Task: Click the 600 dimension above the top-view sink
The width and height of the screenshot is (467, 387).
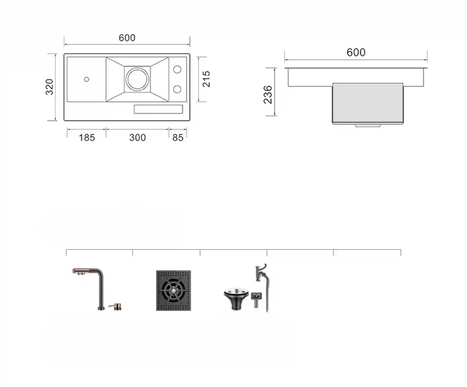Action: pos(127,38)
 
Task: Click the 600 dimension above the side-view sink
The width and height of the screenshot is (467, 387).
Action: pos(356,52)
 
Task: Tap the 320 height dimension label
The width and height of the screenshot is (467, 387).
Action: pos(49,87)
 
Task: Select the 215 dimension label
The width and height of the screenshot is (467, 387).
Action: pos(206,79)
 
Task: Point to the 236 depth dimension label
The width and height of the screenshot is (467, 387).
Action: pos(268,95)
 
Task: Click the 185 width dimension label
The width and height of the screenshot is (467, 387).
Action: pos(86,138)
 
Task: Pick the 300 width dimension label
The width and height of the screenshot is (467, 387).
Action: pos(138,138)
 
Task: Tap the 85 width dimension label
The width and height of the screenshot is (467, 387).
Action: pos(178,138)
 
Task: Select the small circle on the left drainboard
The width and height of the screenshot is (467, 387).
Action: pos(86,79)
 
